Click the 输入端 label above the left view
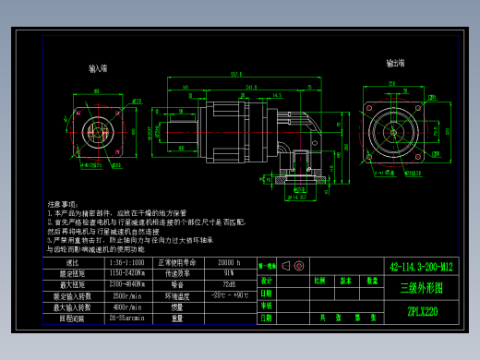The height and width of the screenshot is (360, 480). click(x=97, y=68)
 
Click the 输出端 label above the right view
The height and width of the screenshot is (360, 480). click(x=397, y=64)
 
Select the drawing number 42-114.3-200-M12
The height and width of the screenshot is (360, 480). click(x=421, y=267)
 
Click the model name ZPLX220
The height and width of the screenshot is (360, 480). click(x=422, y=311)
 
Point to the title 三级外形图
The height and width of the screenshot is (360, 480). click(x=421, y=288)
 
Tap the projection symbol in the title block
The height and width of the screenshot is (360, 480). click(x=295, y=266)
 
